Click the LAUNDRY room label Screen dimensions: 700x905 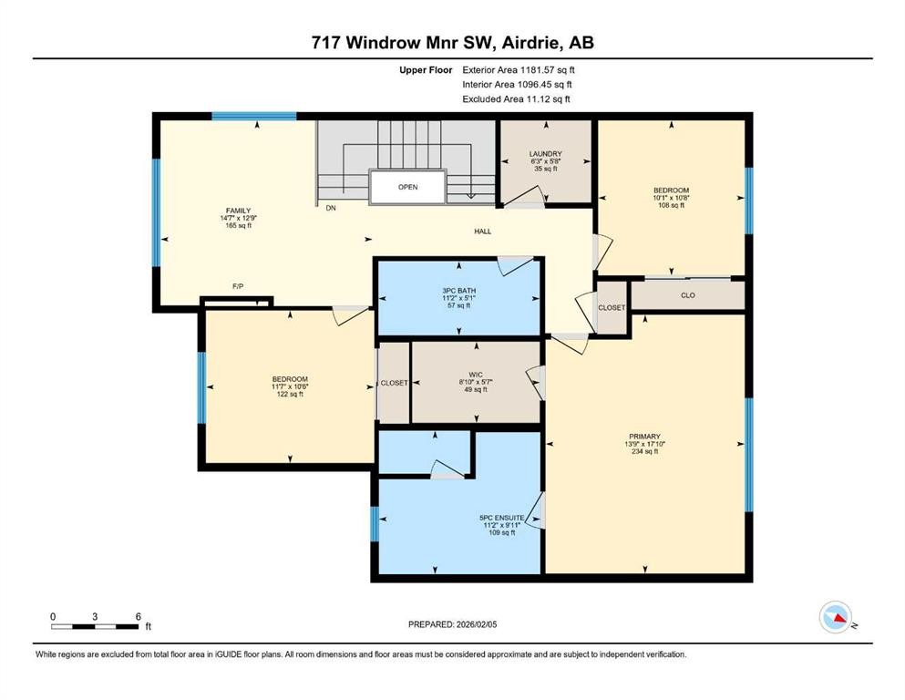pos(545,154)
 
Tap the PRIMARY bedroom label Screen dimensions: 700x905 pos(643,436)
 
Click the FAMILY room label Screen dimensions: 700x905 pos(238,211)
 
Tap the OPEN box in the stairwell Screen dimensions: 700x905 pos(407,187)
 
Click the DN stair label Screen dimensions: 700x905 pos(330,208)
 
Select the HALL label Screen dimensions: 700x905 pos(482,232)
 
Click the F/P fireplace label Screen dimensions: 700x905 pos(238,286)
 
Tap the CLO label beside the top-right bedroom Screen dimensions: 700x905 pos(688,295)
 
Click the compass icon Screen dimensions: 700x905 pos(834,619)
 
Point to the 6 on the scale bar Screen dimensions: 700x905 pos(138,616)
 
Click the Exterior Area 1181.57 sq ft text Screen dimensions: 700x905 pos(519,69)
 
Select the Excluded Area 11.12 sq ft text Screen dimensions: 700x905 pos(517,98)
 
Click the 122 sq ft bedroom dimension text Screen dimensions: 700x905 pos(290,395)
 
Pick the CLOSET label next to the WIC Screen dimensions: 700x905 pos(394,383)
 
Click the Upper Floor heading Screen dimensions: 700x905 pos(425,69)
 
